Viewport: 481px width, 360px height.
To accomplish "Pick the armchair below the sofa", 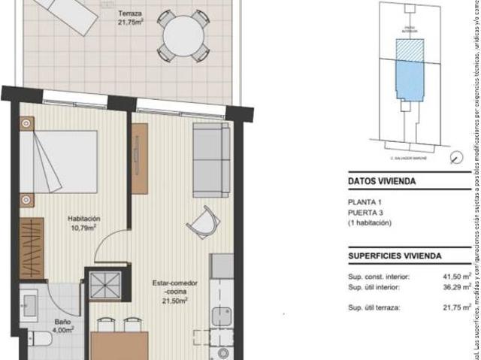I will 203,222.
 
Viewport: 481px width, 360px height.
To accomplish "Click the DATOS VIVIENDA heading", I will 382,181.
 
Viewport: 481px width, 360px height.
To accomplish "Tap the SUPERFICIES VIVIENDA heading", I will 395,256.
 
